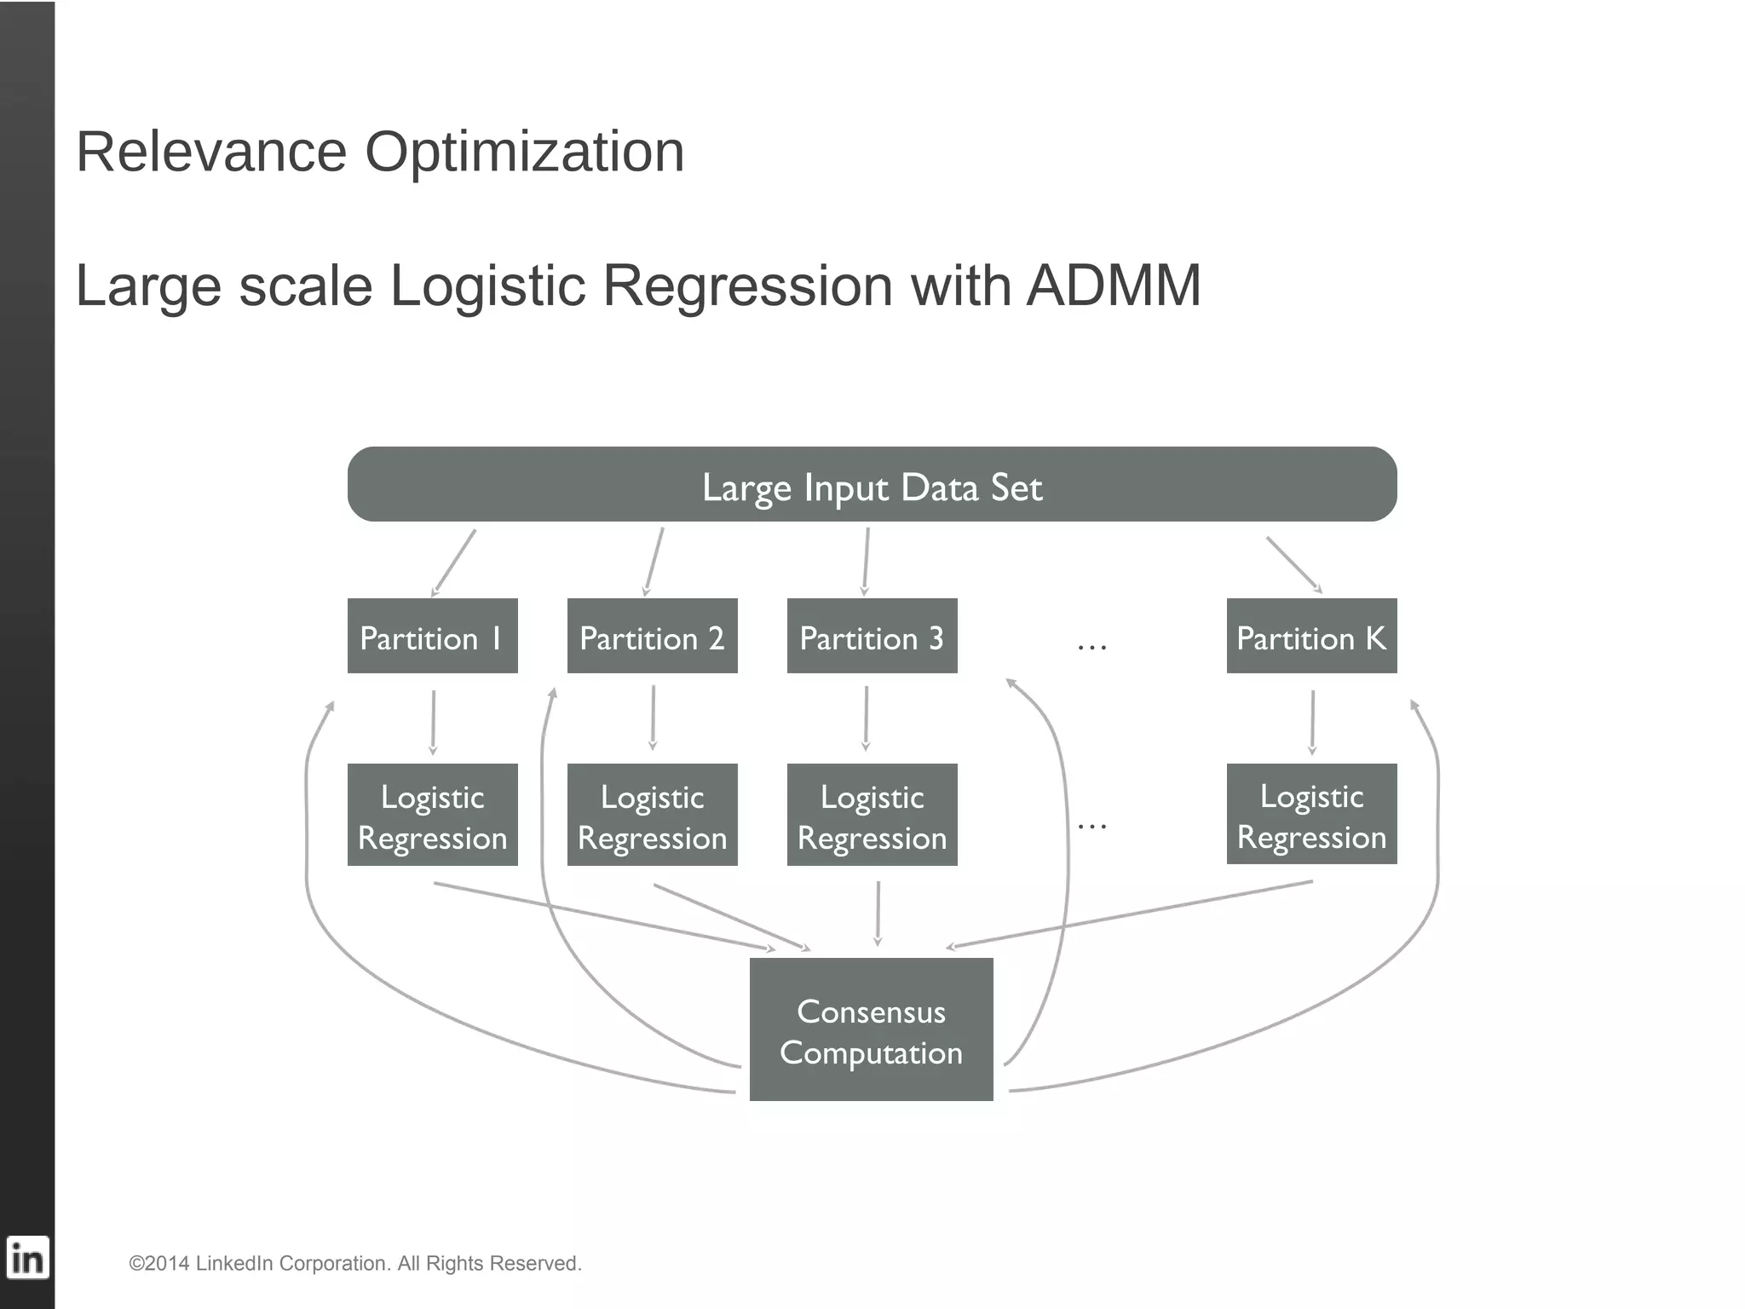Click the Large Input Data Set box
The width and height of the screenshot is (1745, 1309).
click(x=872, y=484)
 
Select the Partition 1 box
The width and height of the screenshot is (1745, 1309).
click(x=432, y=636)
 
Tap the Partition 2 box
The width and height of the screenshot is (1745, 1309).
click(x=652, y=636)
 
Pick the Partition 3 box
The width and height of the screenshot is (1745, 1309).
click(x=872, y=636)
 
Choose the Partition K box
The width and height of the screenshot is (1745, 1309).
click(x=1311, y=636)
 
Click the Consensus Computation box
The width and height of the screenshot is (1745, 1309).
click(x=871, y=1029)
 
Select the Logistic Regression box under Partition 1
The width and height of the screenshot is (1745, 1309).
click(x=432, y=815)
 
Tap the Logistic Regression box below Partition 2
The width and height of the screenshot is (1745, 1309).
click(x=652, y=815)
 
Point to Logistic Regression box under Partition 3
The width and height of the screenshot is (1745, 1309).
click(x=872, y=815)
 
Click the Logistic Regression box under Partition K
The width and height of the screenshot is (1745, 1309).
click(x=1311, y=814)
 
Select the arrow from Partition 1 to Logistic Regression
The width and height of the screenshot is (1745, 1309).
click(x=433, y=721)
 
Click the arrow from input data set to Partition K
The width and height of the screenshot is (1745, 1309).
click(x=1293, y=563)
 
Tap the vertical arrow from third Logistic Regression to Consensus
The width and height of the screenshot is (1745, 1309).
click(x=878, y=913)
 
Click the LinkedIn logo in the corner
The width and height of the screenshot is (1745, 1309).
click(x=27, y=1258)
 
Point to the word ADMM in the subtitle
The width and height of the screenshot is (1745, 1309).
click(x=1114, y=285)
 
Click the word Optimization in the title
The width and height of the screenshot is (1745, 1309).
click(x=524, y=152)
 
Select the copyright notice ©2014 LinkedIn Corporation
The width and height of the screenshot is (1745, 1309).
click(x=354, y=1263)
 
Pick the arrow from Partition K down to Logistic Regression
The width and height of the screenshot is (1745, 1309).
click(x=1312, y=721)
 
